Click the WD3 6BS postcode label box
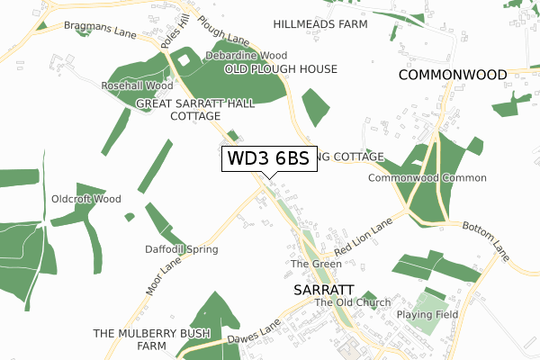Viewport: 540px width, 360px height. pyautogui.click(x=268, y=159)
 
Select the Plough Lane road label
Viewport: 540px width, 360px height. pyautogui.click(x=222, y=31)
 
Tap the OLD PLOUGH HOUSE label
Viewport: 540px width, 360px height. pyautogui.click(x=281, y=69)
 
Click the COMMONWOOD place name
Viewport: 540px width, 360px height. pyautogui.click(x=453, y=75)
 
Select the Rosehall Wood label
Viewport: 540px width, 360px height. pyautogui.click(x=137, y=86)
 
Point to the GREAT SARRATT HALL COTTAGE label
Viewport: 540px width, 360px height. pyautogui.click(x=194, y=110)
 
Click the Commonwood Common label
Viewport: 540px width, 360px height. pyautogui.click(x=427, y=178)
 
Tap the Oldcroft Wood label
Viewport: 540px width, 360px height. pyautogui.click(x=85, y=199)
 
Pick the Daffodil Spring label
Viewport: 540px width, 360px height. pyautogui.click(x=181, y=249)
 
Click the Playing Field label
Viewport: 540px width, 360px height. pyautogui.click(x=427, y=315)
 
